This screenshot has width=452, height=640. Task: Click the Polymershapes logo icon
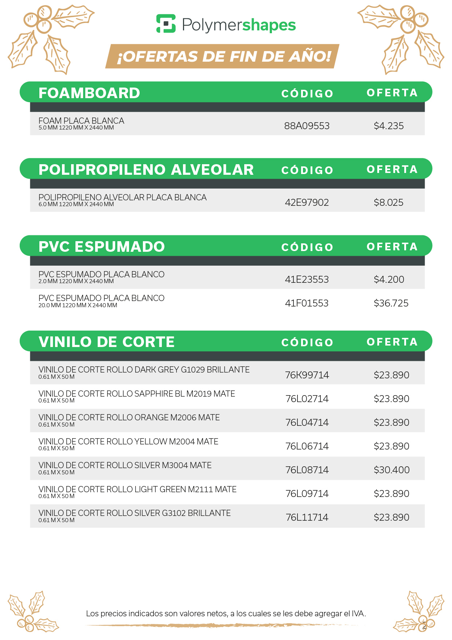[x=166, y=24]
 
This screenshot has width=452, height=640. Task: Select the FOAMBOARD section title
[x=89, y=93]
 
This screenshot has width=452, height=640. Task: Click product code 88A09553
[x=307, y=126]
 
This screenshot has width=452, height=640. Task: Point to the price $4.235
[x=389, y=126]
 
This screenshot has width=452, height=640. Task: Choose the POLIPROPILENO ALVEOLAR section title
[x=146, y=170]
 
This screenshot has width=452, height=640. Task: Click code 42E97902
[x=307, y=203]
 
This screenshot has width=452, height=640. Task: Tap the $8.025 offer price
[x=389, y=203]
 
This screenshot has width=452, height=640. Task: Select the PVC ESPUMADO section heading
[x=102, y=247]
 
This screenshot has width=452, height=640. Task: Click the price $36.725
[x=391, y=303]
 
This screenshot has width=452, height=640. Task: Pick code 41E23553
[x=307, y=279]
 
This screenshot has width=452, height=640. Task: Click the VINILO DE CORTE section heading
[x=106, y=342]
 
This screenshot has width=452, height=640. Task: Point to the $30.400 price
[x=391, y=470]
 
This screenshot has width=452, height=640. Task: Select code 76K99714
[x=307, y=375]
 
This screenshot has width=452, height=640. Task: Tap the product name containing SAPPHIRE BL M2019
[x=137, y=394]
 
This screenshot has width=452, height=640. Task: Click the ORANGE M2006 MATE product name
[x=129, y=417]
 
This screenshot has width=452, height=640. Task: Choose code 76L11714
[x=307, y=517]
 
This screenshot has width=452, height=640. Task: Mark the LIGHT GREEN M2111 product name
[x=137, y=489]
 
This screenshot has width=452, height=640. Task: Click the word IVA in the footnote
[x=358, y=613]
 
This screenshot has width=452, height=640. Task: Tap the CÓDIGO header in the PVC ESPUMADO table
[x=307, y=247]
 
